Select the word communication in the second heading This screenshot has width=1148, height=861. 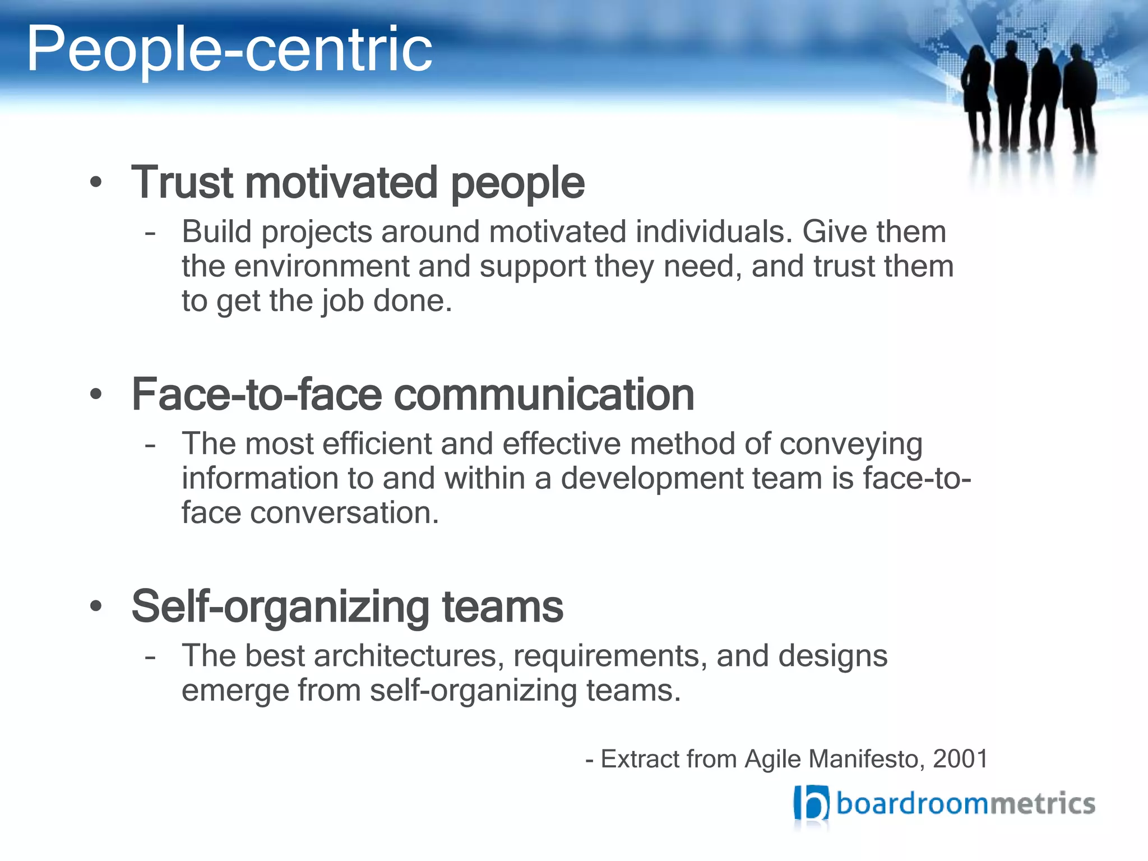(544, 395)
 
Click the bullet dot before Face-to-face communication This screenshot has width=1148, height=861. (96, 395)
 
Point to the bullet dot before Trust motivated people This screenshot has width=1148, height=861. (96, 183)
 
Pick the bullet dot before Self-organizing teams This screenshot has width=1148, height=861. (96, 607)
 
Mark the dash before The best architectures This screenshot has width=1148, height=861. (150, 656)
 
